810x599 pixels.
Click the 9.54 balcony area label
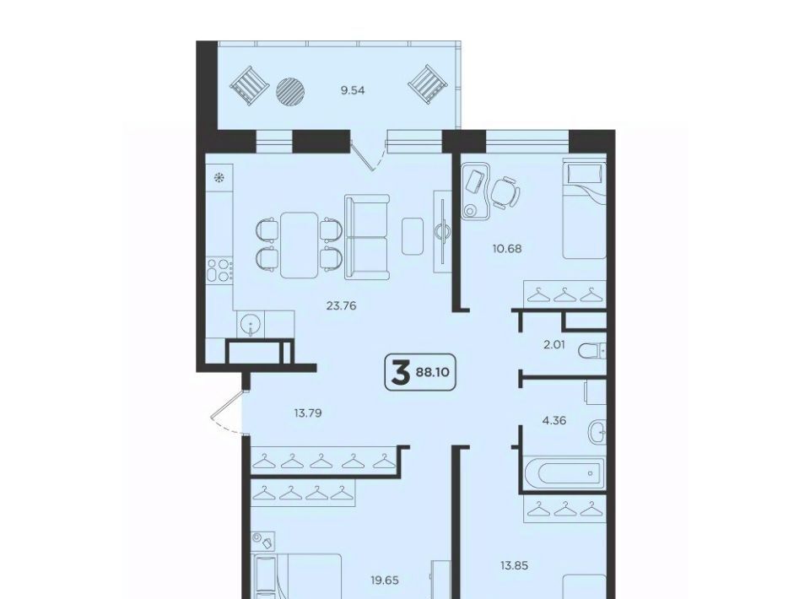pyautogui.click(x=353, y=90)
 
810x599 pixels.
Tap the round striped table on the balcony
pyautogui.click(x=290, y=91)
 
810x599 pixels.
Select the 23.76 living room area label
pyautogui.click(x=341, y=305)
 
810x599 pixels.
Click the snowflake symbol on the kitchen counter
pyautogui.click(x=219, y=178)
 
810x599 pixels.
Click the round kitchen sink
pyautogui.click(x=251, y=325)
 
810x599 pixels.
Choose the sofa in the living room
pyautogui.click(x=367, y=237)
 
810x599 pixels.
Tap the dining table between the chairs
pyautogui.click(x=299, y=245)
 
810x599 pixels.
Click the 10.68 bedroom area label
pyautogui.click(x=507, y=248)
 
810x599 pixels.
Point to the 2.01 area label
pyautogui.click(x=553, y=344)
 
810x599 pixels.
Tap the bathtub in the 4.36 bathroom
pyautogui.click(x=563, y=472)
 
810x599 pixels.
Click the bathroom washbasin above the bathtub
pyautogui.click(x=597, y=430)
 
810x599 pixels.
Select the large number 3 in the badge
pyautogui.click(x=400, y=373)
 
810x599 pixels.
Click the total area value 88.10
pyautogui.click(x=432, y=372)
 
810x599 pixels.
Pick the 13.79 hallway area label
pyautogui.click(x=308, y=413)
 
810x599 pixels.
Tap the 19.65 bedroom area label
pyautogui.click(x=385, y=580)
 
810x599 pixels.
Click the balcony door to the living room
pyautogui.click(x=368, y=155)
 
